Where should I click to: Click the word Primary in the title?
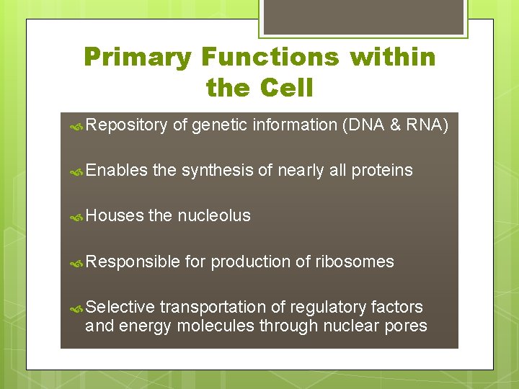click(138, 57)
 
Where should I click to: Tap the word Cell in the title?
click(286, 89)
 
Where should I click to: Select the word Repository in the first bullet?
click(126, 125)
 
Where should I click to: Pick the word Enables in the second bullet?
click(116, 171)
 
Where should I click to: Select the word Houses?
click(114, 215)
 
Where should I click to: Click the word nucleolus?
click(214, 215)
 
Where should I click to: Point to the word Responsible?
click(132, 261)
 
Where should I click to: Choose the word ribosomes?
click(355, 261)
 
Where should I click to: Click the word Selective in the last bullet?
click(120, 308)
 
